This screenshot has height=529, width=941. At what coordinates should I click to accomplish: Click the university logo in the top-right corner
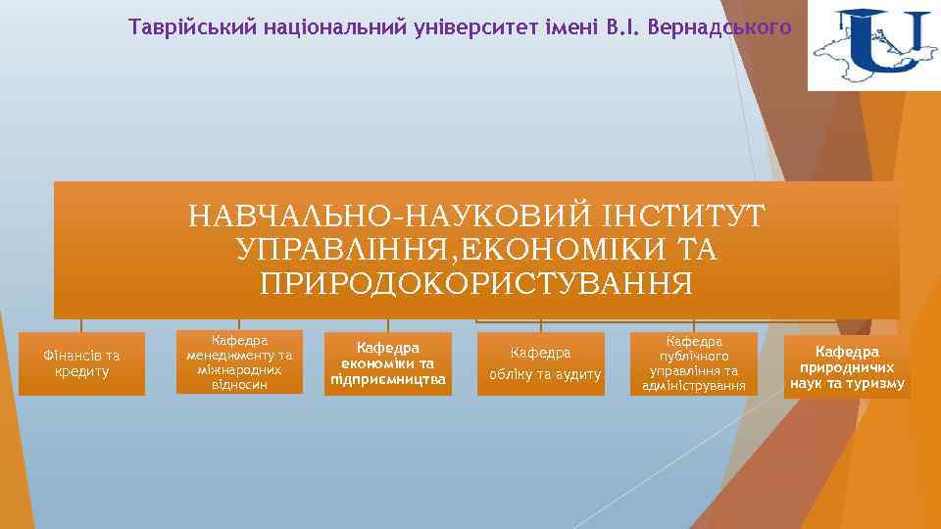point(872,46)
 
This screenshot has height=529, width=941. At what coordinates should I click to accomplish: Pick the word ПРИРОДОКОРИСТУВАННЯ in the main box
point(476,283)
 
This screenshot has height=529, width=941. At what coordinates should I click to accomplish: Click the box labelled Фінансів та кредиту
point(81,363)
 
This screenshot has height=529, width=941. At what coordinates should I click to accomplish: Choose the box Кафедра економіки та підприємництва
point(388,363)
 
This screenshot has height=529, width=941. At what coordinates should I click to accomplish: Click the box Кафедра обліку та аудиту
point(541,363)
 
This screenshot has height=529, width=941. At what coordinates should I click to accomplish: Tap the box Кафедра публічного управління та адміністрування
point(694,363)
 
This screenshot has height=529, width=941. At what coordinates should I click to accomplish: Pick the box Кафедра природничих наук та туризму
point(847,367)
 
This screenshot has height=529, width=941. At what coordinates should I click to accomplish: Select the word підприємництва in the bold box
point(388,379)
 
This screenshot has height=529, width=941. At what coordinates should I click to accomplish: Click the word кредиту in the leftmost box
point(82,372)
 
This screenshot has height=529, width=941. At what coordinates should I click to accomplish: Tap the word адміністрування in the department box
point(694,386)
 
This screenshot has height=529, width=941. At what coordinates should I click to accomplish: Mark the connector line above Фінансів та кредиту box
point(81,325)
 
